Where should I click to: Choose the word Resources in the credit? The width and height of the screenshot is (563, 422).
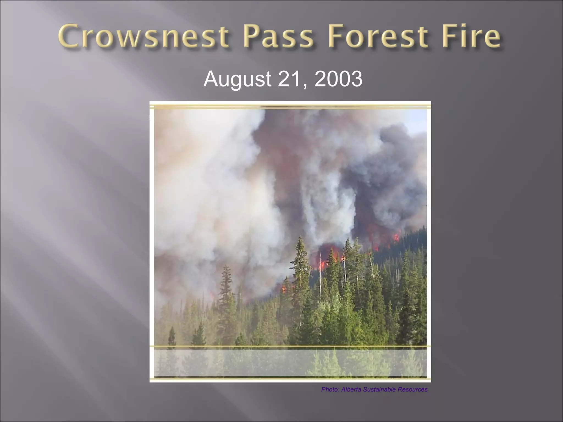click(x=413, y=389)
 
